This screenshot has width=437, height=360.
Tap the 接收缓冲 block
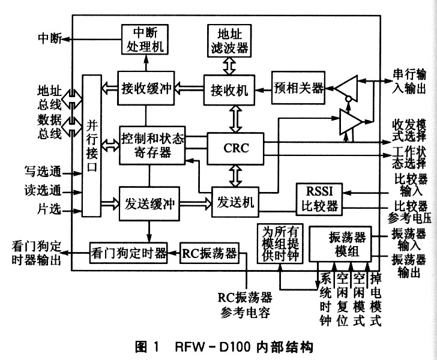144,88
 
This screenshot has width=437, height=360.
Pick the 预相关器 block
298,88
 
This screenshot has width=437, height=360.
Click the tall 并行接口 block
92,146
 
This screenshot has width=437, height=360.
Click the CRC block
235,147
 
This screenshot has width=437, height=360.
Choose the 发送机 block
235,202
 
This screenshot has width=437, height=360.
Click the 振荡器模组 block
340,244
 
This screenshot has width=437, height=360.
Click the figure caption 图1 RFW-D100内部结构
218,346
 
